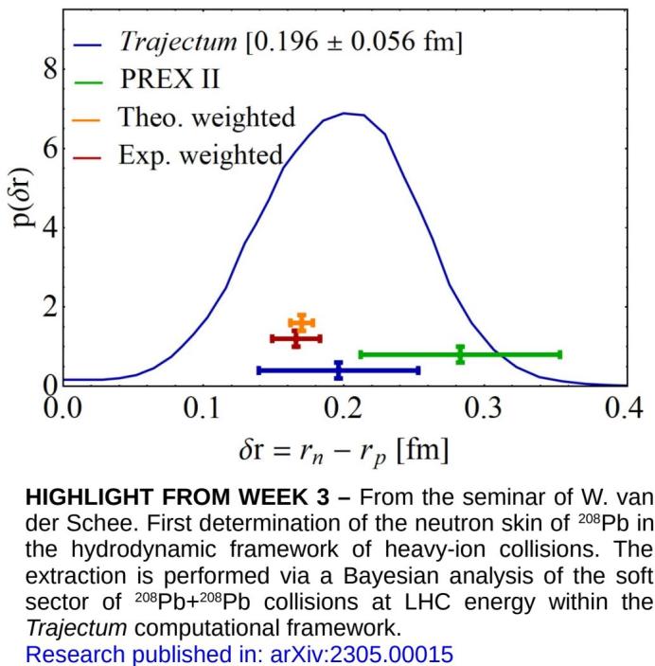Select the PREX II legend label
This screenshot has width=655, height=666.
pyautogui.click(x=169, y=81)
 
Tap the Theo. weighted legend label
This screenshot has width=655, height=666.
pyautogui.click(x=205, y=117)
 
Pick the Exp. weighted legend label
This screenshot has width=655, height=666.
pyautogui.click(x=200, y=153)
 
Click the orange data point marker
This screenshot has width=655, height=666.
pyautogui.click(x=301, y=323)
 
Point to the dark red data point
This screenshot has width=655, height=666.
pyautogui.click(x=295, y=338)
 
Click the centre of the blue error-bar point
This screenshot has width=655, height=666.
pyautogui.click(x=339, y=369)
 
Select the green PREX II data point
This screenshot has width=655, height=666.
pyautogui.click(x=460, y=354)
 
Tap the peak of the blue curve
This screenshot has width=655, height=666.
pyautogui.click(x=347, y=113)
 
